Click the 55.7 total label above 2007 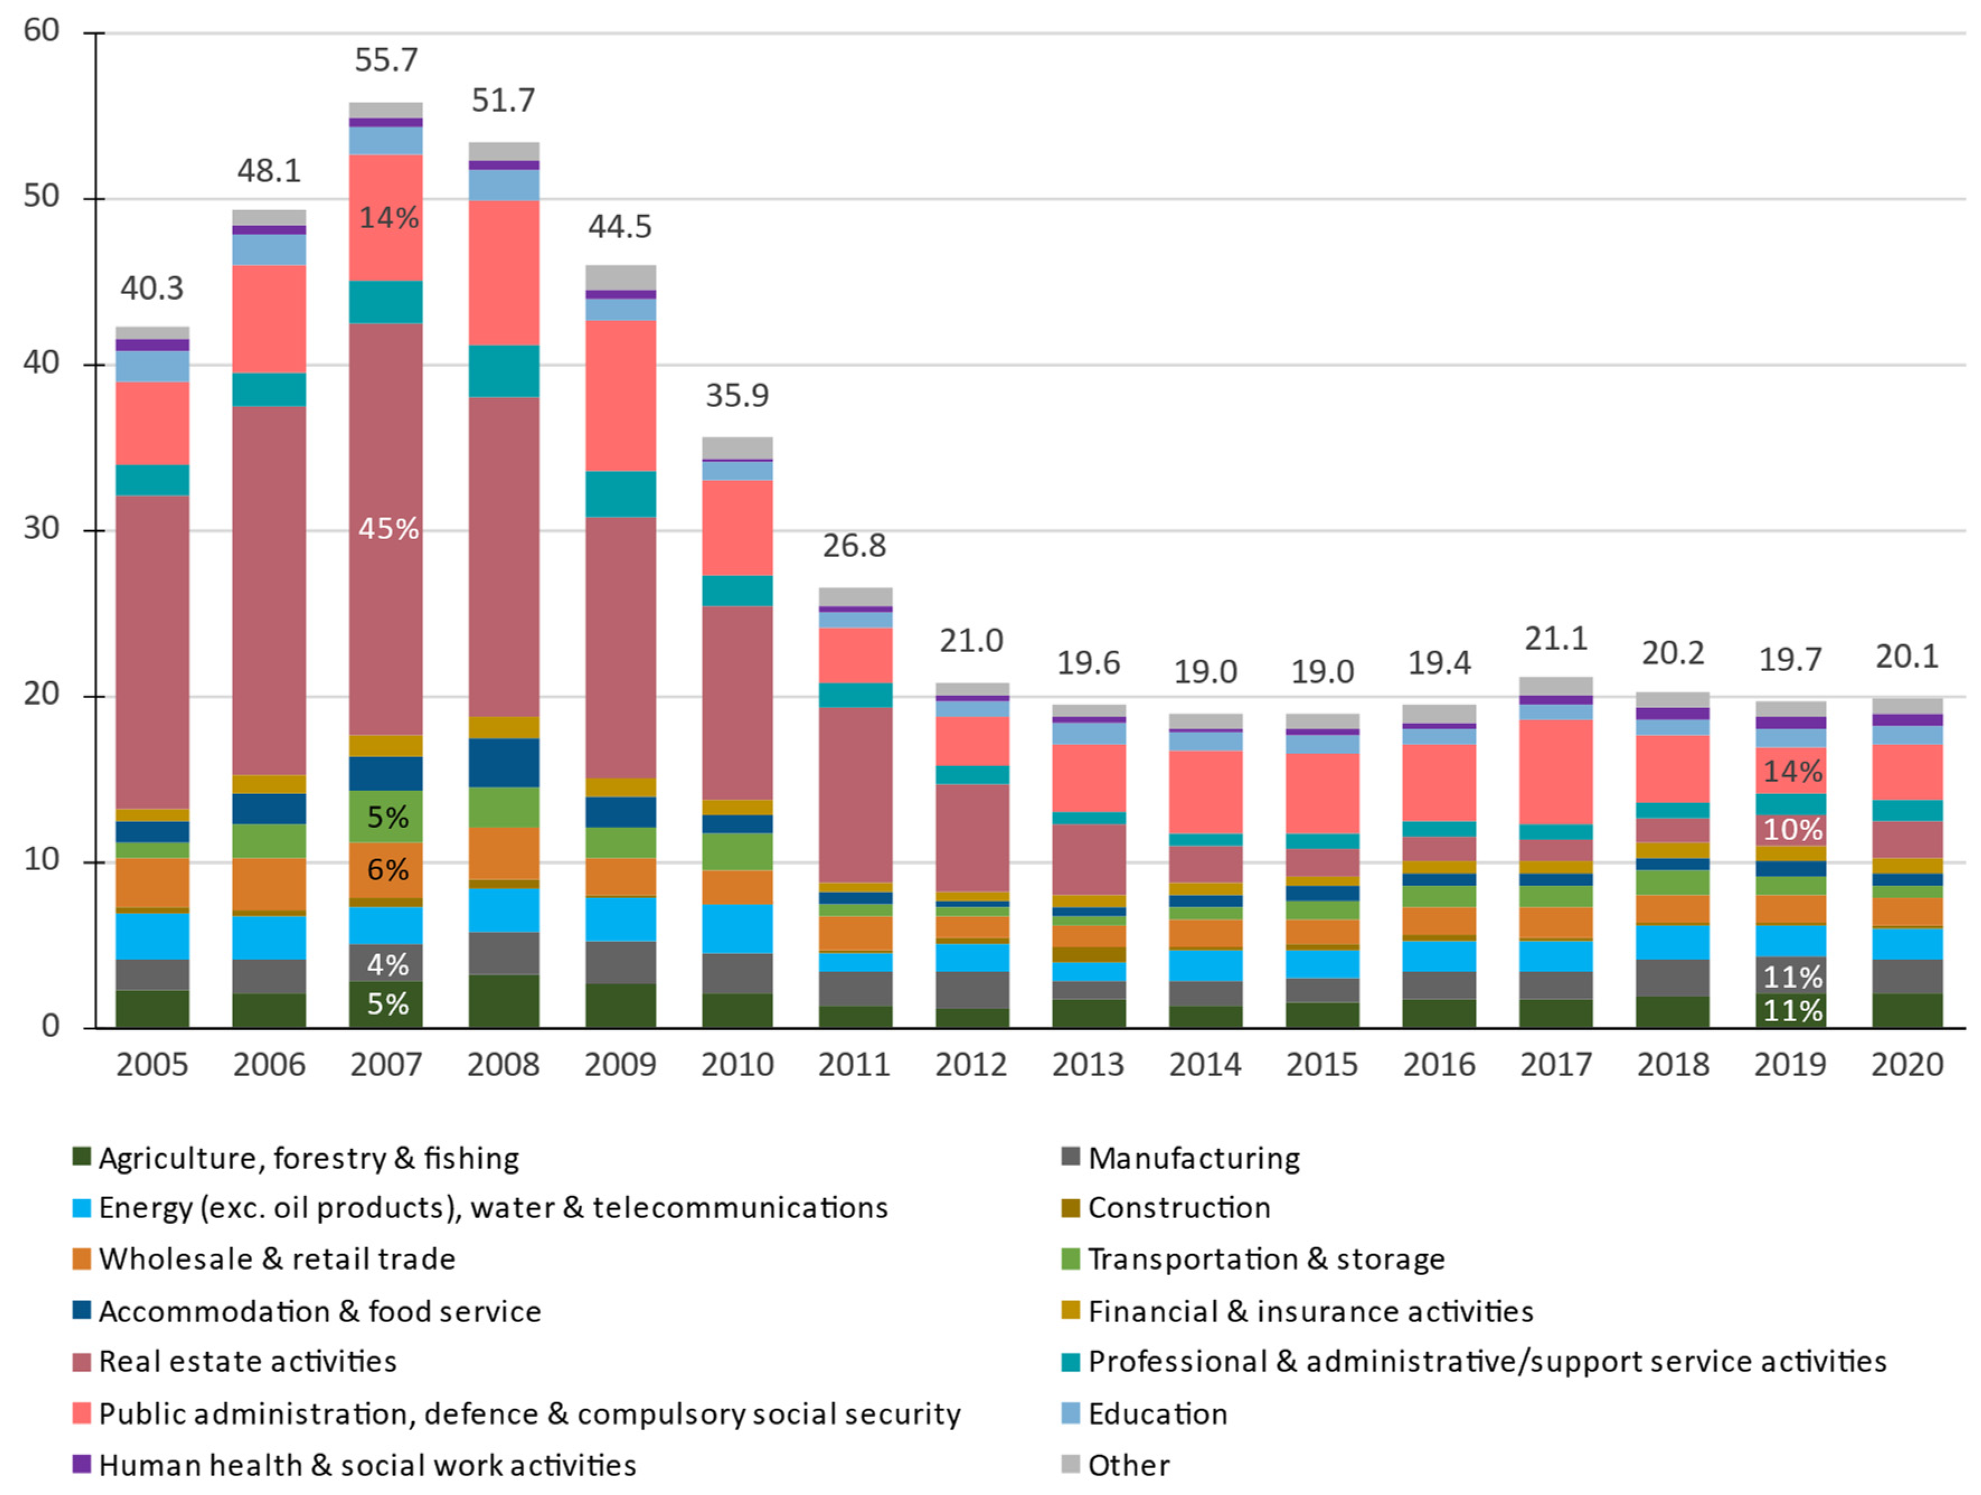(386, 60)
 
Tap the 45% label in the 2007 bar (388, 529)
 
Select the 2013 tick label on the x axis (1088, 1065)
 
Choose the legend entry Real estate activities (247, 1361)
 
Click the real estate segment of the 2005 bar (152, 652)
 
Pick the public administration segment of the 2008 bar (503, 272)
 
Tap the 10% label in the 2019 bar (1791, 829)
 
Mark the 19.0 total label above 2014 (1205, 672)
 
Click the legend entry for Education (1157, 1413)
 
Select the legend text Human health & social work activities (367, 1465)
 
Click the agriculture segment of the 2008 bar (503, 1002)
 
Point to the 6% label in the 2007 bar (388, 870)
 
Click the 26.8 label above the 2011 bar (855, 545)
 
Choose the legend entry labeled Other (1129, 1465)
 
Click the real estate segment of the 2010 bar (737, 703)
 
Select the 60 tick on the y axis (41, 31)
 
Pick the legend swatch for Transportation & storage (1070, 1258)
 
